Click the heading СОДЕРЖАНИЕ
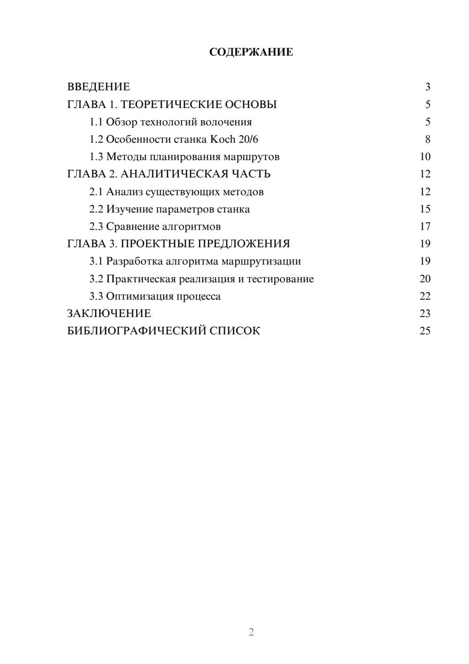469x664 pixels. coord(251,52)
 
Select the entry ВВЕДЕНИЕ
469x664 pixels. coord(98,87)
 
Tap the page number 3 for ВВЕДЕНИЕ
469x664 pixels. coord(427,87)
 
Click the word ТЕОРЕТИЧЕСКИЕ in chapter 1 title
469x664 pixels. coord(168,104)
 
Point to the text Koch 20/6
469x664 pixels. coord(234,139)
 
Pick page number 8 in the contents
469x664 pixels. coord(427,139)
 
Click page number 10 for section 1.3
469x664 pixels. coord(425,157)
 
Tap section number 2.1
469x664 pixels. coord(96,192)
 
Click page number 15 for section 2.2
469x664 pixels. coord(425,209)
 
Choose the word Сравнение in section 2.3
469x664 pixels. coord(132,227)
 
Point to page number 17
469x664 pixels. coord(425,227)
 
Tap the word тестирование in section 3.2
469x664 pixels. coord(280,279)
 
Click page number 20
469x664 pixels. coord(425,279)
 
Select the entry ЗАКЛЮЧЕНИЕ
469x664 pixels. coord(109,313)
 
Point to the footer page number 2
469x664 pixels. coord(251,632)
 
